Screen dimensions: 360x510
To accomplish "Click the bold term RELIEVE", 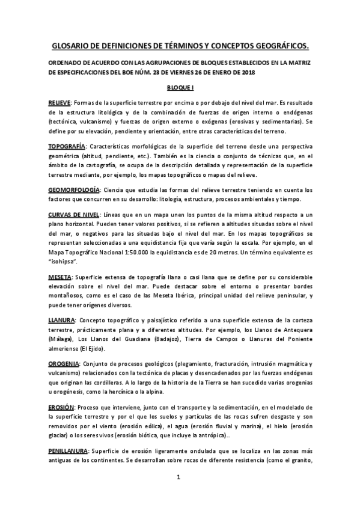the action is [x=59, y=103].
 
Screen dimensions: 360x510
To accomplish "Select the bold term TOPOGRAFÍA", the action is [x=67, y=146].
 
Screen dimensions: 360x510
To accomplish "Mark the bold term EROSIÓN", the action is [x=62, y=407].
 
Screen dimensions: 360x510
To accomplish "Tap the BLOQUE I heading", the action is [x=180, y=87].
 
